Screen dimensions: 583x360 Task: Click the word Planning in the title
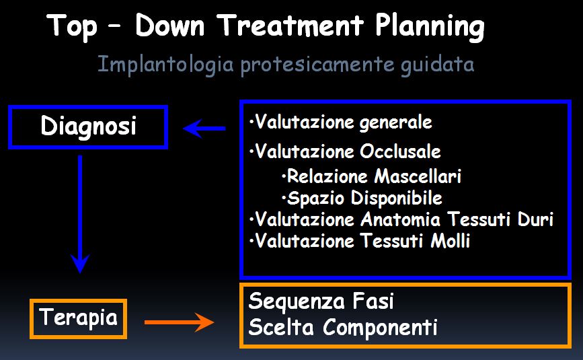[x=430, y=27]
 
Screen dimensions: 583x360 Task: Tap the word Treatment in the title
[x=290, y=26]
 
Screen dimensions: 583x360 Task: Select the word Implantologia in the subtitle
[x=165, y=65]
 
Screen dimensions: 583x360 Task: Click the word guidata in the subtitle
[x=437, y=65]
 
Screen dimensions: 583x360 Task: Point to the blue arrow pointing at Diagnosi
[x=204, y=129]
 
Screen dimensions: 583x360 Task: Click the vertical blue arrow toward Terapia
[x=80, y=214]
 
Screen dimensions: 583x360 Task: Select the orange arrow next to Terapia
[x=180, y=322]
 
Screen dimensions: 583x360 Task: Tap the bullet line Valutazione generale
[x=340, y=122]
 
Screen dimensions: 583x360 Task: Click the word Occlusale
[x=400, y=151]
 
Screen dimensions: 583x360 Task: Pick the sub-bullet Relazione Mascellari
[x=371, y=176]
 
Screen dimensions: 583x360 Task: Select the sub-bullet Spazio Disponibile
[x=362, y=198]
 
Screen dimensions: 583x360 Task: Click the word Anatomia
[x=401, y=219]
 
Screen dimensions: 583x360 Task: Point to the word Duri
[x=535, y=219]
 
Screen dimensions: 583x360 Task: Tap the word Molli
[x=451, y=241]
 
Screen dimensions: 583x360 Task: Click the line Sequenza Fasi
[x=321, y=301]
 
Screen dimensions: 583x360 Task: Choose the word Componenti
[x=380, y=328]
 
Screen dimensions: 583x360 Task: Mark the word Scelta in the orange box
[x=280, y=327]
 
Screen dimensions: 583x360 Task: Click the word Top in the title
[x=72, y=27]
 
